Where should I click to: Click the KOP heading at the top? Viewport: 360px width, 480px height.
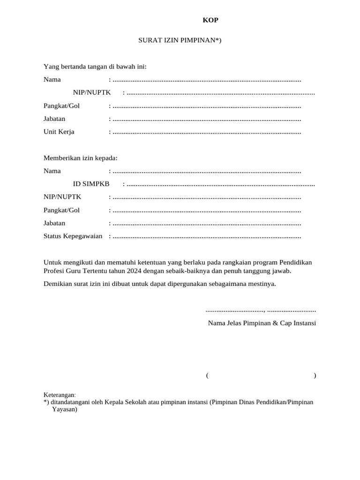[x=210, y=20]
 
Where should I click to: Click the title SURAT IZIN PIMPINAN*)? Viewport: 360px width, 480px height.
[x=180, y=40]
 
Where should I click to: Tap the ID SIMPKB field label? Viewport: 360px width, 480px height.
[x=91, y=184]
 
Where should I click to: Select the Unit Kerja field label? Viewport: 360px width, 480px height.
[x=59, y=132]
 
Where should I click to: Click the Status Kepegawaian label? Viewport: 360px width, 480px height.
[x=73, y=236]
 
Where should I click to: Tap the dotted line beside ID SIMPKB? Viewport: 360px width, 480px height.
[x=220, y=185]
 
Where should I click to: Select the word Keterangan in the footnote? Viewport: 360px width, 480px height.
[x=59, y=395]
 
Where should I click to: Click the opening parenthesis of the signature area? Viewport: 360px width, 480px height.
[x=207, y=375]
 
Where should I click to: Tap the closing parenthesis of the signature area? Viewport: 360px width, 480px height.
[x=315, y=375]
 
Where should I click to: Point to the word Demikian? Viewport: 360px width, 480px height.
[x=57, y=284]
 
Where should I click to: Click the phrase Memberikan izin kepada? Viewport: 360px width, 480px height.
[x=81, y=158]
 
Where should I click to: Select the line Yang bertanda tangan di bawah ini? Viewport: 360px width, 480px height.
[x=95, y=67]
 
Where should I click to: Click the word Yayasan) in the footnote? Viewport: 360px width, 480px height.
[x=64, y=409]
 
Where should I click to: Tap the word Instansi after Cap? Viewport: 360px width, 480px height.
[x=304, y=323]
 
